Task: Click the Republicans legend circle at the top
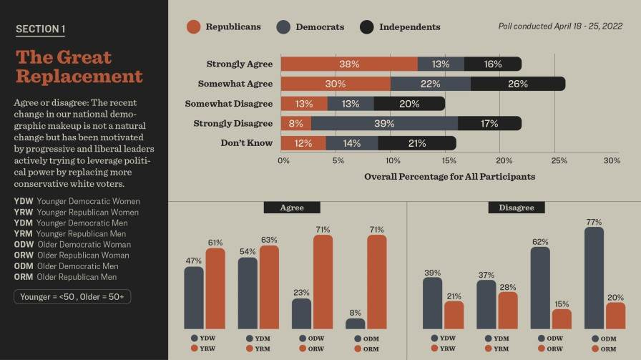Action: click(194, 27)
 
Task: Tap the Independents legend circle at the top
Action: click(367, 27)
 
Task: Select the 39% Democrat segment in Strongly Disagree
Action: click(384, 123)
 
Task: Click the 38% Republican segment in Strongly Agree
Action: click(349, 64)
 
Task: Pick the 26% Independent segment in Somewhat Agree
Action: click(517, 84)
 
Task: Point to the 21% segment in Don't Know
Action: click(417, 143)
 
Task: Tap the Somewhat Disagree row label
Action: click(228, 104)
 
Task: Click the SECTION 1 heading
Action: click(40, 29)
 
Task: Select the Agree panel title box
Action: click(292, 208)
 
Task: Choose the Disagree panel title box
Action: click(517, 208)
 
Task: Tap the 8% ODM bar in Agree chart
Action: click(355, 323)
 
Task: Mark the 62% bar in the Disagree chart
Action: click(540, 288)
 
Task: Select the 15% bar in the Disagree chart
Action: click(562, 318)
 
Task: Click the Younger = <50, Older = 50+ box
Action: click(72, 296)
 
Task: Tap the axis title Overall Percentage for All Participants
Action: click(449, 176)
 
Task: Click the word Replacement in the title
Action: click(79, 77)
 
